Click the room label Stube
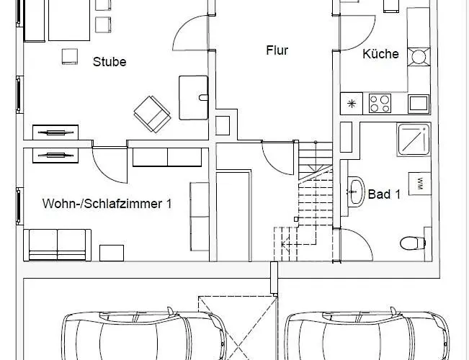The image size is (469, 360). tap(110, 62)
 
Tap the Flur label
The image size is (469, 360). tap(277, 50)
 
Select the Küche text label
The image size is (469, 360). tap(381, 54)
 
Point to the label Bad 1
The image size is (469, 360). tap(384, 194)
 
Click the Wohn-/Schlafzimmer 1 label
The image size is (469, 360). tap(107, 204)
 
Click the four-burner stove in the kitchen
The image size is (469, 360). tap(380, 104)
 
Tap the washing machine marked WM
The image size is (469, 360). tap(420, 184)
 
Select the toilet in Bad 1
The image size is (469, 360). tap(413, 243)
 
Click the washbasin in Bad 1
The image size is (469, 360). tap(356, 192)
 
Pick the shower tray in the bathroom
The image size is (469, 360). tap(414, 139)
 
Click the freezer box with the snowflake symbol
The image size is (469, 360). tap(352, 104)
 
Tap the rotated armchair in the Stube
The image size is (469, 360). tap(152, 114)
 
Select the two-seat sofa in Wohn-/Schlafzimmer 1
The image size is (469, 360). tap(58, 246)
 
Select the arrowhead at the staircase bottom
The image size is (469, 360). tap(283, 245)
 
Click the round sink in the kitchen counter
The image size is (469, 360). tap(419, 56)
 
